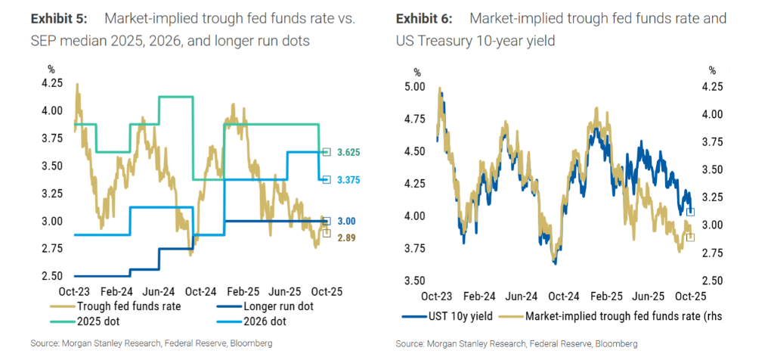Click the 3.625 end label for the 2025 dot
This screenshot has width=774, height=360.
tap(348, 152)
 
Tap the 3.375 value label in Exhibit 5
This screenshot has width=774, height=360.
tap(348, 180)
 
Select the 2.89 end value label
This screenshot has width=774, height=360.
tap(344, 237)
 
